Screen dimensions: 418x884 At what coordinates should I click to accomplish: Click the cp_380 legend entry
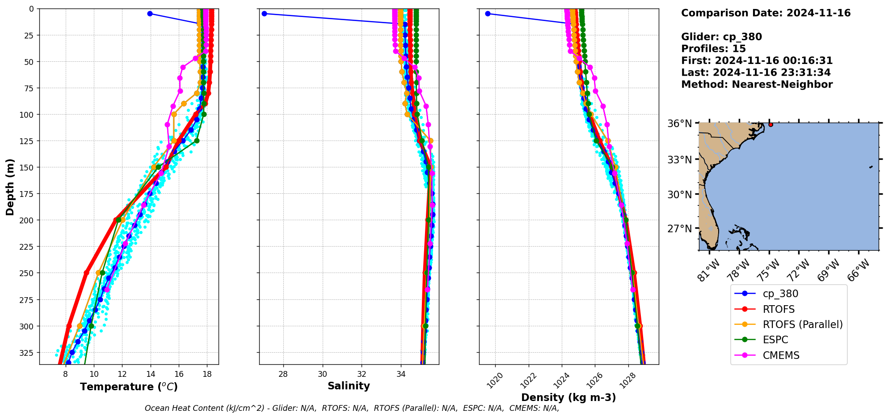780,294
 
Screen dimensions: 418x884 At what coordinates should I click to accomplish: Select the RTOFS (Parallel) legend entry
802,324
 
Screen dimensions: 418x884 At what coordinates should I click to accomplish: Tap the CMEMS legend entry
781,355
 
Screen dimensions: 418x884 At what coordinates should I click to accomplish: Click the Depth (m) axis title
10,187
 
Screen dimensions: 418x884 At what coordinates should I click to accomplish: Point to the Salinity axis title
349,386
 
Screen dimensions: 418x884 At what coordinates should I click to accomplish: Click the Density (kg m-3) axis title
568,397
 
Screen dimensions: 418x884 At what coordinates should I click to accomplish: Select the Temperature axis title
129,387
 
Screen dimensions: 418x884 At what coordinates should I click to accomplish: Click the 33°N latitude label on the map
679,160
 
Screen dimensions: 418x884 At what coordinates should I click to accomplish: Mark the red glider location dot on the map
770,124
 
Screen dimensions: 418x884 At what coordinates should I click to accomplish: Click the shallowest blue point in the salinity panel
264,14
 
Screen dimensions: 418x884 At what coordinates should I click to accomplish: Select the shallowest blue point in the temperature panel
150,14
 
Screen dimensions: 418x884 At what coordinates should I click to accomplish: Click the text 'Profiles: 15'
713,49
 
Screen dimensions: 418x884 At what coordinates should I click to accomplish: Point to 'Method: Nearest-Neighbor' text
757,85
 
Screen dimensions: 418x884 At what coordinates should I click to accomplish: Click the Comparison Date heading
766,13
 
